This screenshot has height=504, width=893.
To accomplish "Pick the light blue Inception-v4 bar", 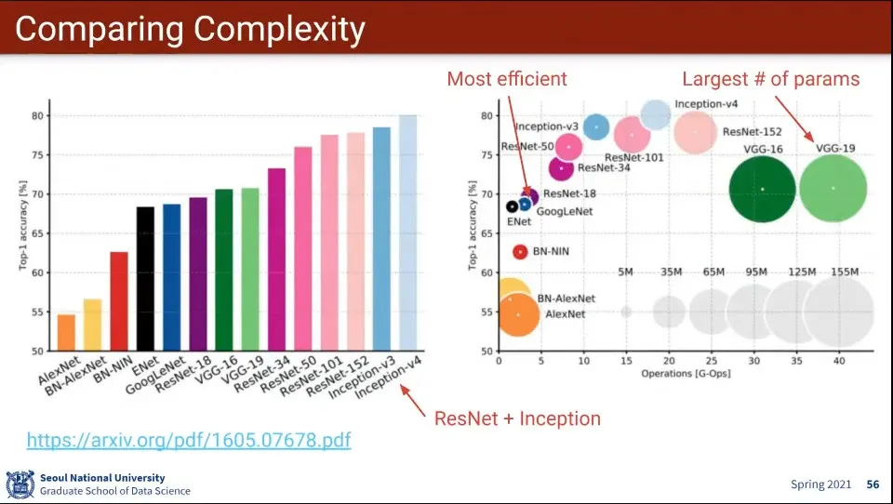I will [408, 232].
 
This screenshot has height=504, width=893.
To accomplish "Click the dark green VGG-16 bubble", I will [763, 189].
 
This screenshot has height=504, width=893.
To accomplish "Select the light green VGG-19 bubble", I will [833, 188].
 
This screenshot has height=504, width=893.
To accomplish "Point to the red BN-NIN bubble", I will [520, 251].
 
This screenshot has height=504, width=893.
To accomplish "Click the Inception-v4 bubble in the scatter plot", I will [656, 114].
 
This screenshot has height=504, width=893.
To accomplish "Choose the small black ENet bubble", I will [512, 206].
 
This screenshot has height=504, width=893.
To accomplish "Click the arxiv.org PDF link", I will [189, 440].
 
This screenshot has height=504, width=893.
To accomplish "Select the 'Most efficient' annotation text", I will [507, 79].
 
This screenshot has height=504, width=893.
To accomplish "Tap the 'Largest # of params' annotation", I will [771, 79].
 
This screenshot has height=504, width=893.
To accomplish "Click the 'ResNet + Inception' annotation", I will [517, 418].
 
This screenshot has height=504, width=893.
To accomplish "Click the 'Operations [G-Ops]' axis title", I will [686, 374].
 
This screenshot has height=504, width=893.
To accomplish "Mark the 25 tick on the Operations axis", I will [712, 360].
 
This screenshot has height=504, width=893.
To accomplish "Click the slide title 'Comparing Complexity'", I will [190, 30].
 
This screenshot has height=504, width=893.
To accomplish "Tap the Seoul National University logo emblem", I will [20, 484].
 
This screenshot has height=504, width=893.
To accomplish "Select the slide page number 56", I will [873, 484].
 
